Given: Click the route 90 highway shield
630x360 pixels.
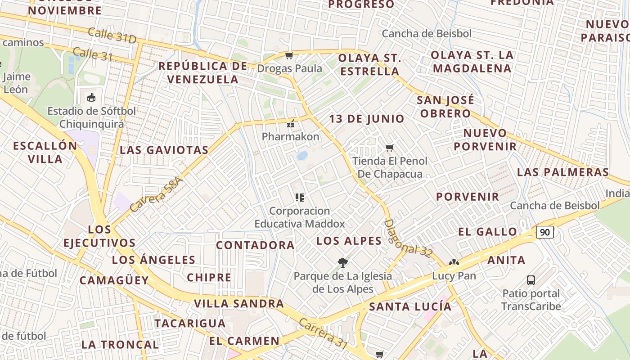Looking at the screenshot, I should [x=544, y=232].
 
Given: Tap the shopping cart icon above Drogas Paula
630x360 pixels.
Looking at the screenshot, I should [x=289, y=56].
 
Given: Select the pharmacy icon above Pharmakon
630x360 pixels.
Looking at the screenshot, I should [x=291, y=123].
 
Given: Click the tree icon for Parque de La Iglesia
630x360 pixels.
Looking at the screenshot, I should [x=342, y=262].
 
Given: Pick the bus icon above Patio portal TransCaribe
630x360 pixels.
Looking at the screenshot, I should [x=531, y=280].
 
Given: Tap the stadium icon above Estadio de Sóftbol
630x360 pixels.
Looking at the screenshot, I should [x=91, y=97].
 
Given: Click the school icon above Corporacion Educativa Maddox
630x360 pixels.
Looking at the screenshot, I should [x=299, y=198].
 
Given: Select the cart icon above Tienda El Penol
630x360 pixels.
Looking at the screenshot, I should [x=390, y=148].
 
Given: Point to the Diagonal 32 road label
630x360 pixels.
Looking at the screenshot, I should [x=408, y=238].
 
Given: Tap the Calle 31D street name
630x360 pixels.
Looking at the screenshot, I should [x=112, y=36].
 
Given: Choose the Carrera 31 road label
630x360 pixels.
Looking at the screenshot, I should [x=323, y=334].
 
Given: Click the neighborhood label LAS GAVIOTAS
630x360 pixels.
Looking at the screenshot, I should [x=164, y=150].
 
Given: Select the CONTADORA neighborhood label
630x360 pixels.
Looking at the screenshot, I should [x=255, y=245].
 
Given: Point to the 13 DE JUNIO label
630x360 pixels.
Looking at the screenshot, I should [x=367, y=119].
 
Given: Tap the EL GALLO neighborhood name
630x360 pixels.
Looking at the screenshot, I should [x=488, y=232].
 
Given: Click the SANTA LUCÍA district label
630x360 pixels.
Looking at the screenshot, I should [x=410, y=307].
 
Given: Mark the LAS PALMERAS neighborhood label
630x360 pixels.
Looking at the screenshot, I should [x=562, y=172].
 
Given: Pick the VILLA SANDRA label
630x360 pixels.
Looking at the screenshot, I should [x=239, y=303].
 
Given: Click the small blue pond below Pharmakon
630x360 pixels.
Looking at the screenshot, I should [x=302, y=156].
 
